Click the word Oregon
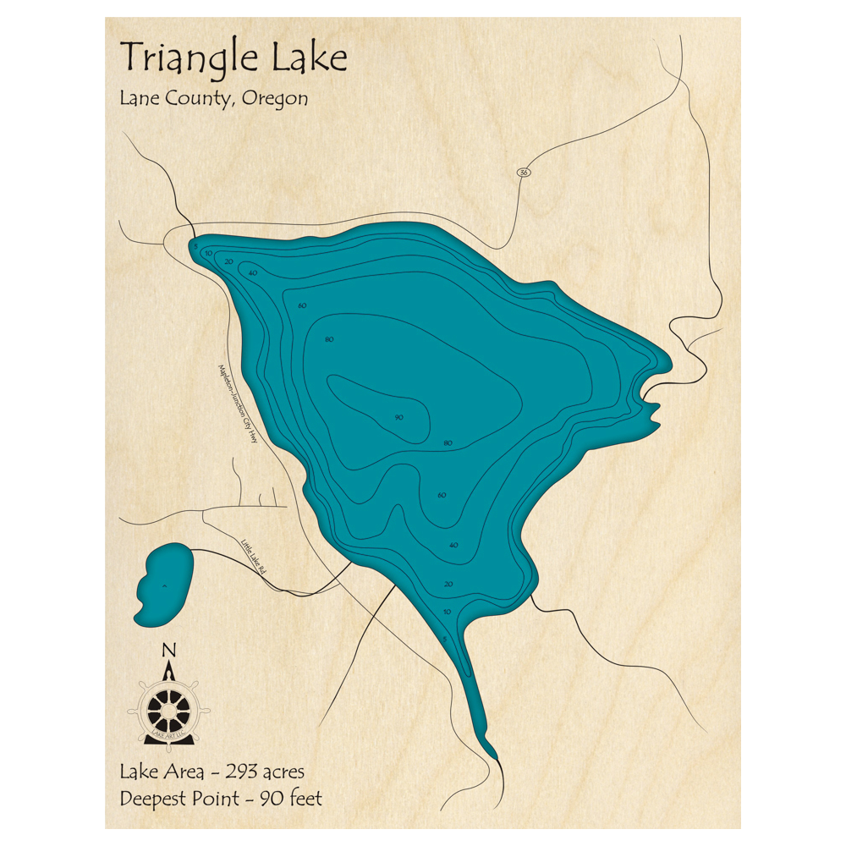(x=274, y=99)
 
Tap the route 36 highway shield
(x=525, y=173)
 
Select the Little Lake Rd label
(x=253, y=558)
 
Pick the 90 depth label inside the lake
(x=398, y=417)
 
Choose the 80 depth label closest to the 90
(x=448, y=443)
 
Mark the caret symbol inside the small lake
(x=165, y=584)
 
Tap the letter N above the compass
(x=168, y=650)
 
